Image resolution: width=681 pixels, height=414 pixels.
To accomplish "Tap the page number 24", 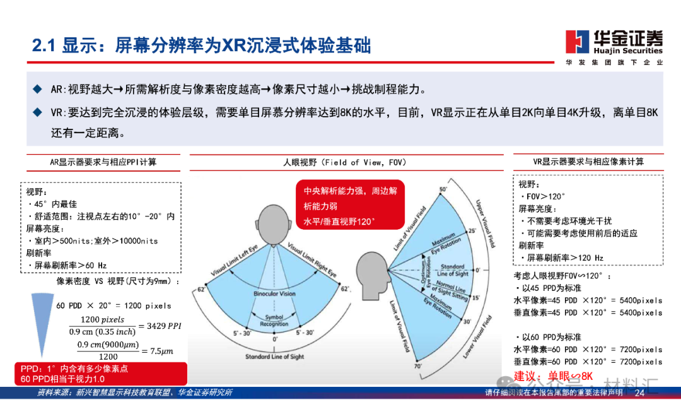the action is pos(639,393).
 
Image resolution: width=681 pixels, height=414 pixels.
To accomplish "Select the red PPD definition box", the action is pos(102,373).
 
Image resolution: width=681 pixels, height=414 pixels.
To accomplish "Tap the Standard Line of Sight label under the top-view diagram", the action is pos(275,357).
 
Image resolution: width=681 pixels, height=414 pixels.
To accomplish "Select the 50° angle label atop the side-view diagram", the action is pos(443,190).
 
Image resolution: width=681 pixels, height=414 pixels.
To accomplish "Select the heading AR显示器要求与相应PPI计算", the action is pos(103,162).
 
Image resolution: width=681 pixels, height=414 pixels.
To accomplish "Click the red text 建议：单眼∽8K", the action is pos(554,377).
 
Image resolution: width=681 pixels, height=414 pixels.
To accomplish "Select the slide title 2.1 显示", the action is pos(201,45).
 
